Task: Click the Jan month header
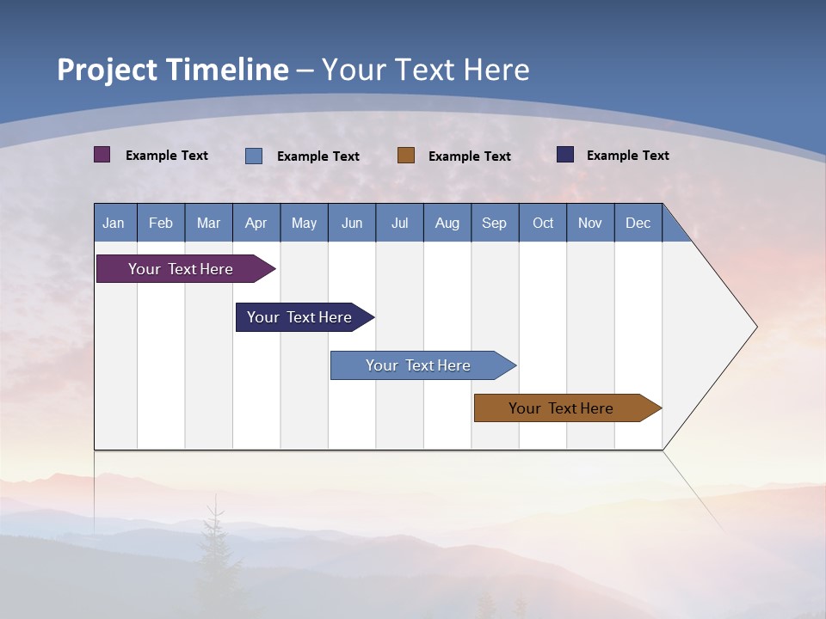point(114,223)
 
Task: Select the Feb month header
point(161,223)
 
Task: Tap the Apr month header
point(256,223)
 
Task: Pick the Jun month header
point(352,223)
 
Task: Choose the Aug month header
point(447,223)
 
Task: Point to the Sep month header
point(495,223)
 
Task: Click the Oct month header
point(543,223)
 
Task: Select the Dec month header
point(638,223)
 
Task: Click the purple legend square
point(102,155)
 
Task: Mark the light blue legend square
point(254,156)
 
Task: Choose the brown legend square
point(406,156)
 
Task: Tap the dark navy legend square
point(565,155)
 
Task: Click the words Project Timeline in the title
point(173,69)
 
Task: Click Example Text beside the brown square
point(470,156)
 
